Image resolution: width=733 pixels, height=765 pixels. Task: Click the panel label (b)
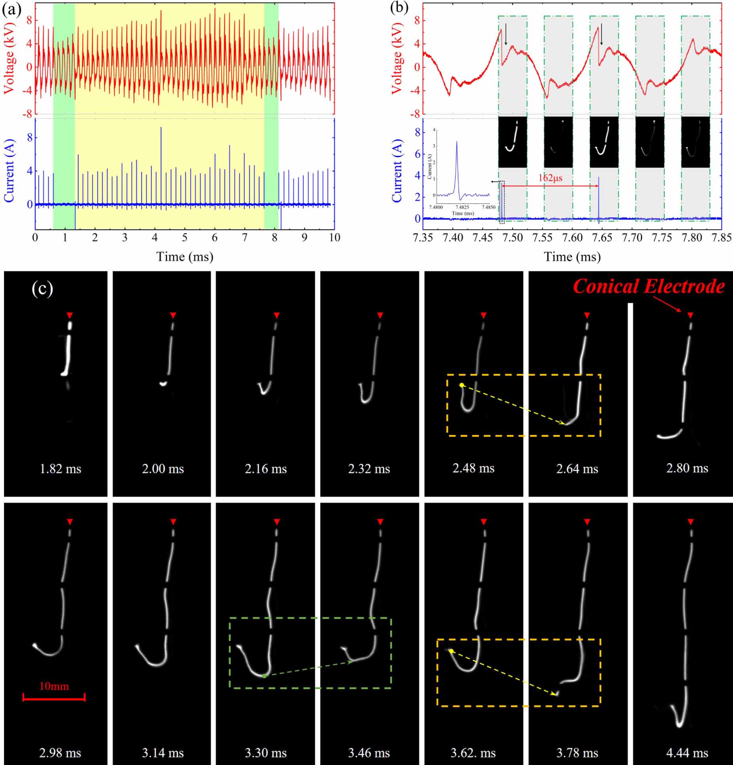coord(399,9)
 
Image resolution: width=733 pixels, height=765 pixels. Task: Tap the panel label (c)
coord(42,289)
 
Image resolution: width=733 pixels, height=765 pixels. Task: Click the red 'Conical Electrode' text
coord(649,286)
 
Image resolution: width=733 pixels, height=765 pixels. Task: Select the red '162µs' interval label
coord(550,178)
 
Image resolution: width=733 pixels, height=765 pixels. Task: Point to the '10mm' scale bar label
coord(54,686)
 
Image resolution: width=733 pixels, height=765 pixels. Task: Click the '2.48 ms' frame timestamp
coord(473,468)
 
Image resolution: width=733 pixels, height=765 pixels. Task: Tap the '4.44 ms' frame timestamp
coord(687,753)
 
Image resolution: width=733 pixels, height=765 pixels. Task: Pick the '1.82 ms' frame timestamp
coord(60,469)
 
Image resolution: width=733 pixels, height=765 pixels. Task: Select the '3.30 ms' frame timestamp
coord(265,753)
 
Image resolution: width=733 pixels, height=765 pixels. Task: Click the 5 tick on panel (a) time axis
coord(185,238)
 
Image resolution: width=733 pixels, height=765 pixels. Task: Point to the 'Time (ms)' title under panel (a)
coord(185,257)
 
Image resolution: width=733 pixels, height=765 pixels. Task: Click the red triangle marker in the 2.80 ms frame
coord(691,315)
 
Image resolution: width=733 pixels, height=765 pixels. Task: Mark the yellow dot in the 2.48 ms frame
coord(462,385)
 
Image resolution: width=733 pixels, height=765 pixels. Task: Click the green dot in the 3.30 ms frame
coord(264,676)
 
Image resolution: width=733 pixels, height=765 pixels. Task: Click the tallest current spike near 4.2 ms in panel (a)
coord(161,128)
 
